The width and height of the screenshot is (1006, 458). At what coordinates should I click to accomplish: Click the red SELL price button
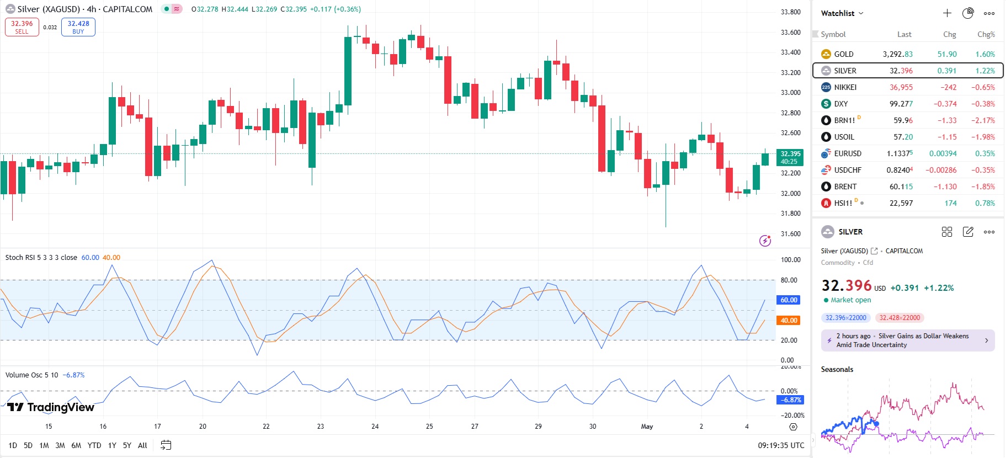pyautogui.click(x=22, y=27)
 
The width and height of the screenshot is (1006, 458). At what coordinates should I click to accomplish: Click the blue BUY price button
pyautogui.click(x=78, y=27)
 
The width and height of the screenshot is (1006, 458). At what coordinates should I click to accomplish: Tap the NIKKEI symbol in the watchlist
pyautogui.click(x=845, y=87)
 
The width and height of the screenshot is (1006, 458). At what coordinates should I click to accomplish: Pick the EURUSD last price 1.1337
pyautogui.click(x=899, y=153)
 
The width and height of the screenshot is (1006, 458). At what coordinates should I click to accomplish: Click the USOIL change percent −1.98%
pyautogui.click(x=983, y=137)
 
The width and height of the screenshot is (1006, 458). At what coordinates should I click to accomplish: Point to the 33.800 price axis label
pyautogui.click(x=790, y=12)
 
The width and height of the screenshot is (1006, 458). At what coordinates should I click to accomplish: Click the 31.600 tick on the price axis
pyautogui.click(x=790, y=234)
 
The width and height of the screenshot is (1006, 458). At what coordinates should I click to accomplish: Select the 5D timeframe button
pyautogui.click(x=28, y=445)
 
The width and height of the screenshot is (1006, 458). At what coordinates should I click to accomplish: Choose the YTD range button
pyautogui.click(x=94, y=445)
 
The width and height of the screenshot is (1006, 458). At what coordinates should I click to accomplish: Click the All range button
pyautogui.click(x=142, y=445)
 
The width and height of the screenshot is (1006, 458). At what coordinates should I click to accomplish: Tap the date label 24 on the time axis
pyautogui.click(x=375, y=427)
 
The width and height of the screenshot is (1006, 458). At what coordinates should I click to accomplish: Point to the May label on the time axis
pyautogui.click(x=647, y=427)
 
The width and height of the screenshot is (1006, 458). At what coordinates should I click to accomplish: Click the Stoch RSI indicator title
pyautogui.click(x=41, y=258)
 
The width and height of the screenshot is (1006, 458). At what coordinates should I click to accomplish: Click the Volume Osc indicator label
pyautogui.click(x=32, y=375)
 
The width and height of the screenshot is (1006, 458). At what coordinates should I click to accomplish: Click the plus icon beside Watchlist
pyautogui.click(x=947, y=13)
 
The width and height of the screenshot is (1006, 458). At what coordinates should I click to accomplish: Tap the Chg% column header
pyautogui.click(x=986, y=34)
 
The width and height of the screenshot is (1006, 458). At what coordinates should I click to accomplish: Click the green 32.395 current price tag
pyautogui.click(x=790, y=157)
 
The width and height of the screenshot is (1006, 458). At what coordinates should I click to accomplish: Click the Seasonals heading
pyautogui.click(x=837, y=370)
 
